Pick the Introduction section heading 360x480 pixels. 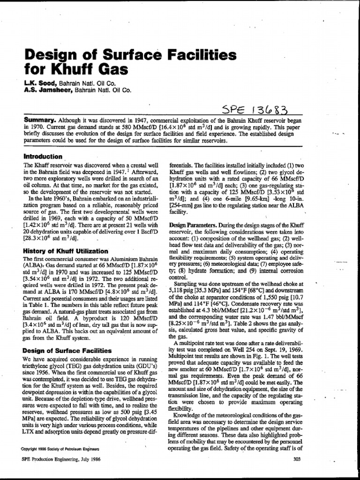coord(43,157)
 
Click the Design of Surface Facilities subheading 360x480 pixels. coord(67,350)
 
